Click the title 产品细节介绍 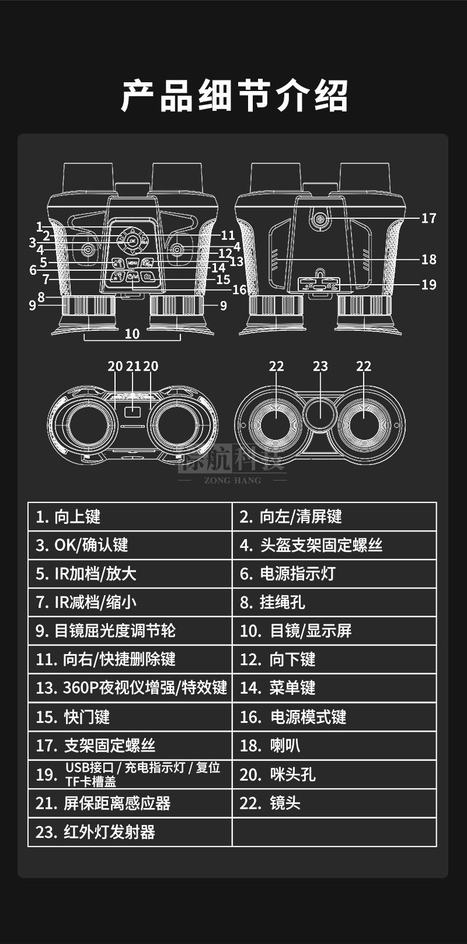click(x=234, y=96)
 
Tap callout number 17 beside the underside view click(x=428, y=218)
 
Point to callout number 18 click(x=428, y=259)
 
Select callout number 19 click(x=428, y=285)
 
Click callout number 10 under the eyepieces click(x=132, y=334)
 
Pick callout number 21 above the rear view click(x=133, y=366)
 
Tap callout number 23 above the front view click(x=320, y=366)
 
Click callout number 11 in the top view click(x=228, y=235)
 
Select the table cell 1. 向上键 click(x=130, y=517)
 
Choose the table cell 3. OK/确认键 click(x=130, y=546)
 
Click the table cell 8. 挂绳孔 click(x=334, y=602)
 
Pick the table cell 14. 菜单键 click(x=334, y=688)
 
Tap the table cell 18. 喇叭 click(x=334, y=746)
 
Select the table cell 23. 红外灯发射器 click(x=130, y=832)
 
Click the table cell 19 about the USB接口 click(x=130, y=775)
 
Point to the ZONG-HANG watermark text click(x=233, y=480)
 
